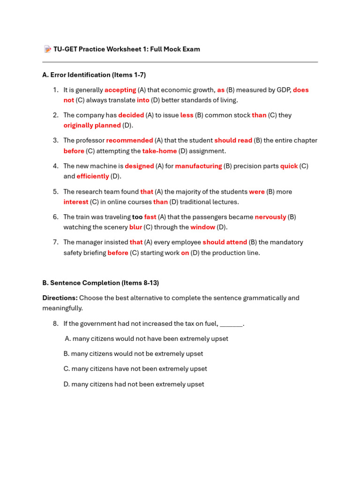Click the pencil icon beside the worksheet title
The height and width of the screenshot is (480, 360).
pyautogui.click(x=47, y=49)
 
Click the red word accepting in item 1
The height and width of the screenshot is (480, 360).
pyautogui.click(x=120, y=90)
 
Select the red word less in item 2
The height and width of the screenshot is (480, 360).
pyautogui.click(x=187, y=115)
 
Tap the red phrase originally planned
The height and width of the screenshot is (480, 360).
pyautogui.click(x=92, y=125)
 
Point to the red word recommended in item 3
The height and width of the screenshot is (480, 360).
pyautogui.click(x=129, y=140)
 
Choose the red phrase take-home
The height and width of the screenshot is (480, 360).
pyautogui.click(x=159, y=151)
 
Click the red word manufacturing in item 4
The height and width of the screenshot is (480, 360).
pyautogui.click(x=198, y=166)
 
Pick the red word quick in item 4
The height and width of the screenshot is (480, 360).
pyautogui.click(x=289, y=166)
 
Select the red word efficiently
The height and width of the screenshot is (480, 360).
pyautogui.click(x=93, y=176)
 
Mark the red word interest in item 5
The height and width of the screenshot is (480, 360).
pyautogui.click(x=76, y=202)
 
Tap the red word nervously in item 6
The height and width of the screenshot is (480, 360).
pyautogui.click(x=270, y=217)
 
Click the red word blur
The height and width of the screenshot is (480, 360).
pyautogui.click(x=135, y=227)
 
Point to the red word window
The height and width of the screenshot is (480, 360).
pyautogui.click(x=202, y=227)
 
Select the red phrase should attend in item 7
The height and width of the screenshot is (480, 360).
pyautogui.click(x=225, y=242)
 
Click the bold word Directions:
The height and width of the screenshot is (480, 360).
pyautogui.click(x=60, y=298)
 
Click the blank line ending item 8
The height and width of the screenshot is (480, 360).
pyautogui.click(x=231, y=323)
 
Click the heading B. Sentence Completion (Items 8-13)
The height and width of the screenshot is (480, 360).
pyautogui.click(x=100, y=283)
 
